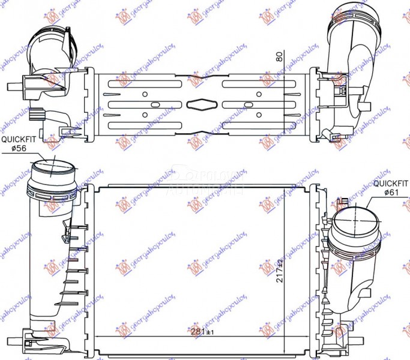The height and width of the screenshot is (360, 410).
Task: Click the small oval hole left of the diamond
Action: pos(155,104)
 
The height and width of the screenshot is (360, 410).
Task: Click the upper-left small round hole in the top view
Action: pos(146,94)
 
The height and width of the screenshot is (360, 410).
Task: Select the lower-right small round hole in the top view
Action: pos(258,114)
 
